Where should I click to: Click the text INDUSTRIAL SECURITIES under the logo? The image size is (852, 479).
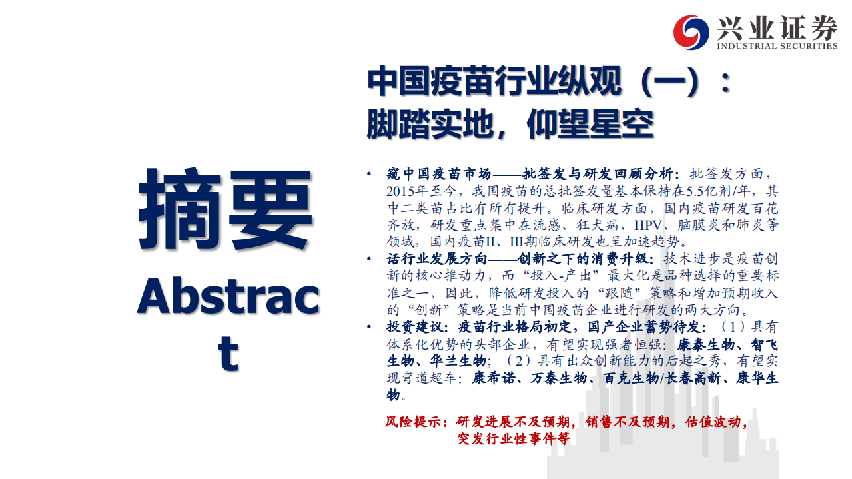click(x=777, y=46)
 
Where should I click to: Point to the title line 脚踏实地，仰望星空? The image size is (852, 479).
click(x=510, y=123)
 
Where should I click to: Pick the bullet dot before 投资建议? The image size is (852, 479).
click(x=370, y=327)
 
